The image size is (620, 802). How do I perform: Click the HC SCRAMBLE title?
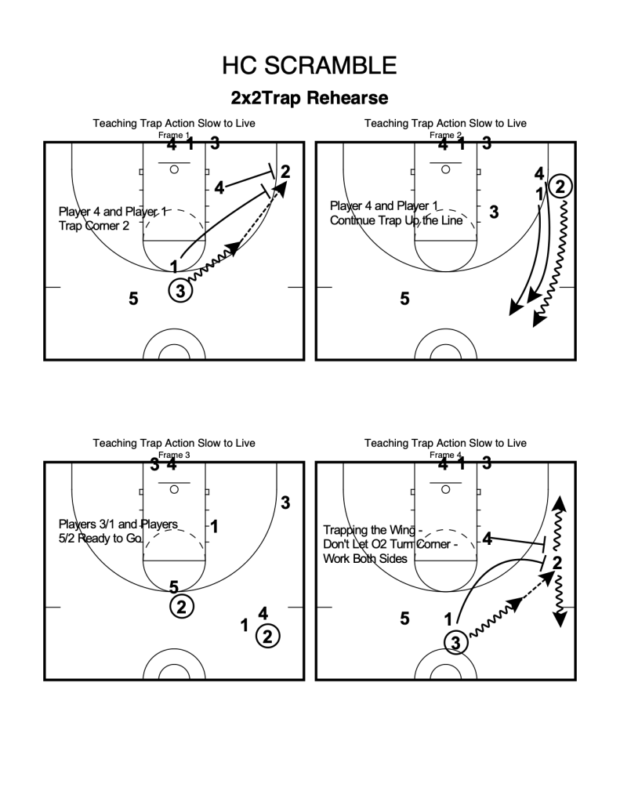tap(309, 66)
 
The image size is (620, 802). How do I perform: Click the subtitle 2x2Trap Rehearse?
tap(309, 99)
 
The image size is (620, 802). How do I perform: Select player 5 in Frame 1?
tap(133, 298)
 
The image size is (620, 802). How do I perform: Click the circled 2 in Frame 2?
tap(560, 186)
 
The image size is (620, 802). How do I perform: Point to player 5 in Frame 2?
tap(404, 298)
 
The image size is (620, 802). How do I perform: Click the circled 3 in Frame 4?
tap(455, 643)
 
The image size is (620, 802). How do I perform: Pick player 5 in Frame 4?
tap(404, 619)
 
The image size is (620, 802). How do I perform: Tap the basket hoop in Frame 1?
tap(174, 169)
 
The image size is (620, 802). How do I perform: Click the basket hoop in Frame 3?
tap(174, 488)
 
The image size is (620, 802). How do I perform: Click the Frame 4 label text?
tap(445, 455)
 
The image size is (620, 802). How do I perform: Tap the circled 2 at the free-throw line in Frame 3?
tap(181, 606)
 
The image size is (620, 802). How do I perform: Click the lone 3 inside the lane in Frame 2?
tap(494, 211)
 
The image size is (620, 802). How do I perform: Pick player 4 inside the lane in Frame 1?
tap(219, 187)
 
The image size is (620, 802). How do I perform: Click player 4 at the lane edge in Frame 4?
tap(488, 539)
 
